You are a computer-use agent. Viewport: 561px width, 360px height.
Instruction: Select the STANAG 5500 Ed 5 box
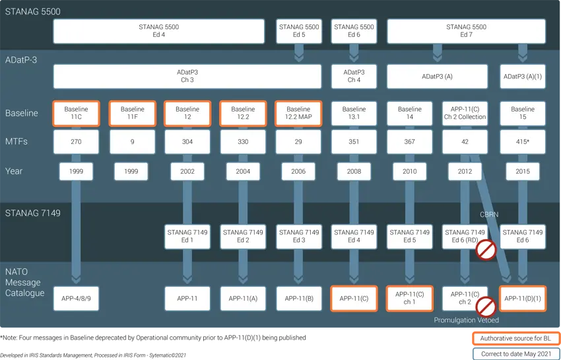(x=298, y=31)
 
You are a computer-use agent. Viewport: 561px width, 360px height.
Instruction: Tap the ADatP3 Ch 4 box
(x=354, y=76)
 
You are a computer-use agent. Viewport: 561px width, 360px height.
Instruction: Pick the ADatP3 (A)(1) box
(x=523, y=76)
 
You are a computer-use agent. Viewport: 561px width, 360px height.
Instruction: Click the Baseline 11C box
(x=77, y=113)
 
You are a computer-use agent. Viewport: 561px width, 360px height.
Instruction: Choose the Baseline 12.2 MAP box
(x=298, y=113)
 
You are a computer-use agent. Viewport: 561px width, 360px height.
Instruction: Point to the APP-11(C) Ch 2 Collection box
(x=465, y=113)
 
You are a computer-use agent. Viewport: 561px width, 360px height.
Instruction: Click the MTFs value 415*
(x=523, y=141)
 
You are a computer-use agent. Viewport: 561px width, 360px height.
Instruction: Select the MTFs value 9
(x=132, y=141)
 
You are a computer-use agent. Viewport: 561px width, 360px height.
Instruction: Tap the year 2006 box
(x=298, y=171)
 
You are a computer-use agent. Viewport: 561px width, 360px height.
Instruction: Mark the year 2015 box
(x=523, y=171)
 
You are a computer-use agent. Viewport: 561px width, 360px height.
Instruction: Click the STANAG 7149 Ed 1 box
(x=187, y=236)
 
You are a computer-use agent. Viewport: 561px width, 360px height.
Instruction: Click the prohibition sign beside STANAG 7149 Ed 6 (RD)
(x=486, y=250)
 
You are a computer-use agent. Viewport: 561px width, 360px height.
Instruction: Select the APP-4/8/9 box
(x=77, y=299)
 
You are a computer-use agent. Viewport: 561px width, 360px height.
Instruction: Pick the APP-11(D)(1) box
(x=523, y=299)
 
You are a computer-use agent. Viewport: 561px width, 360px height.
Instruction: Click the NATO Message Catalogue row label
(x=25, y=282)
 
